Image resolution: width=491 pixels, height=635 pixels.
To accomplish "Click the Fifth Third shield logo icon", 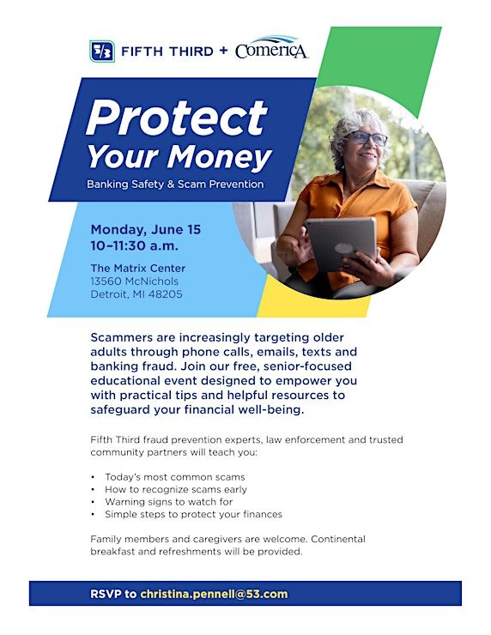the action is [x=102, y=51].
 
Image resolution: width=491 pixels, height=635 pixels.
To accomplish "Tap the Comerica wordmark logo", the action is [x=271, y=48].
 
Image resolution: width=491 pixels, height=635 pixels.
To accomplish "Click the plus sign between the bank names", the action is [x=223, y=51].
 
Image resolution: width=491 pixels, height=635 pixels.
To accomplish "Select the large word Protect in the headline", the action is [x=177, y=118].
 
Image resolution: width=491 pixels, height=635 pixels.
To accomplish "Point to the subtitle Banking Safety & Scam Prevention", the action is [x=175, y=184].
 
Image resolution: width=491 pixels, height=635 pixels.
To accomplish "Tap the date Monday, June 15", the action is [x=146, y=230].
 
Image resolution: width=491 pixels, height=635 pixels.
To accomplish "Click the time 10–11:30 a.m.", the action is [x=135, y=245].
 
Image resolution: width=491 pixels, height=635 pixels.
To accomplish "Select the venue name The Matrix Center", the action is [x=138, y=268].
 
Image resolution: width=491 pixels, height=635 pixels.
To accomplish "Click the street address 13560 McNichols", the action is [x=135, y=281].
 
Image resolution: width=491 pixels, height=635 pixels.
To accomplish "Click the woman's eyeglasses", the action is [x=367, y=138].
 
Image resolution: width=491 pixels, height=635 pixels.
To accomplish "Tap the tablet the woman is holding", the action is [x=341, y=244].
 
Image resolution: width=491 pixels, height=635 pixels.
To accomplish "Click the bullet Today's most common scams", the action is [x=175, y=477].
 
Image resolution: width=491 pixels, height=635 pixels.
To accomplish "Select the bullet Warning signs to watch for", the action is [x=169, y=502].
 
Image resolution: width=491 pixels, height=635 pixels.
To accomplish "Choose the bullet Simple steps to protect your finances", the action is [x=194, y=514].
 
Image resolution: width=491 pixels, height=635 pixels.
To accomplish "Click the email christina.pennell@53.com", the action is [x=214, y=594].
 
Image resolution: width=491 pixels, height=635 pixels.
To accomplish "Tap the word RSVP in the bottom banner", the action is [x=106, y=594].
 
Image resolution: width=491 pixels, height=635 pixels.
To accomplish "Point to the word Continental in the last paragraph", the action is [x=338, y=539].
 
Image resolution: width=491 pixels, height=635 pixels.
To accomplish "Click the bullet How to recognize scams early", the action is [x=176, y=490].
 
